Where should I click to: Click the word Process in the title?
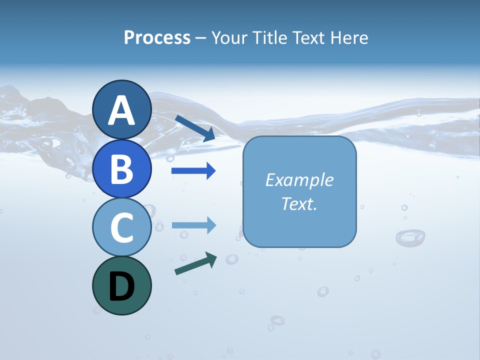[x=157, y=38]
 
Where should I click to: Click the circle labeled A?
[x=121, y=110]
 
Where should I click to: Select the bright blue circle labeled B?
[x=121, y=168]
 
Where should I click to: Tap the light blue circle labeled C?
[x=121, y=227]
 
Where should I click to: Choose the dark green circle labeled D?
[x=121, y=285]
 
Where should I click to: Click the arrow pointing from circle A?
[x=195, y=128]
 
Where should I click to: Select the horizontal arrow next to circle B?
[x=193, y=171]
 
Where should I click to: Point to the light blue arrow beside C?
[x=193, y=225]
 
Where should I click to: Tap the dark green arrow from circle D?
[x=195, y=264]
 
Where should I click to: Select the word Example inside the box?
[x=299, y=180]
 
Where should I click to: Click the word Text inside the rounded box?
[x=296, y=203]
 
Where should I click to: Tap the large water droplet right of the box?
[x=410, y=237]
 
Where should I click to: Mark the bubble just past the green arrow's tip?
[x=231, y=259]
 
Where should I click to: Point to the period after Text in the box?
[x=315, y=208]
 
